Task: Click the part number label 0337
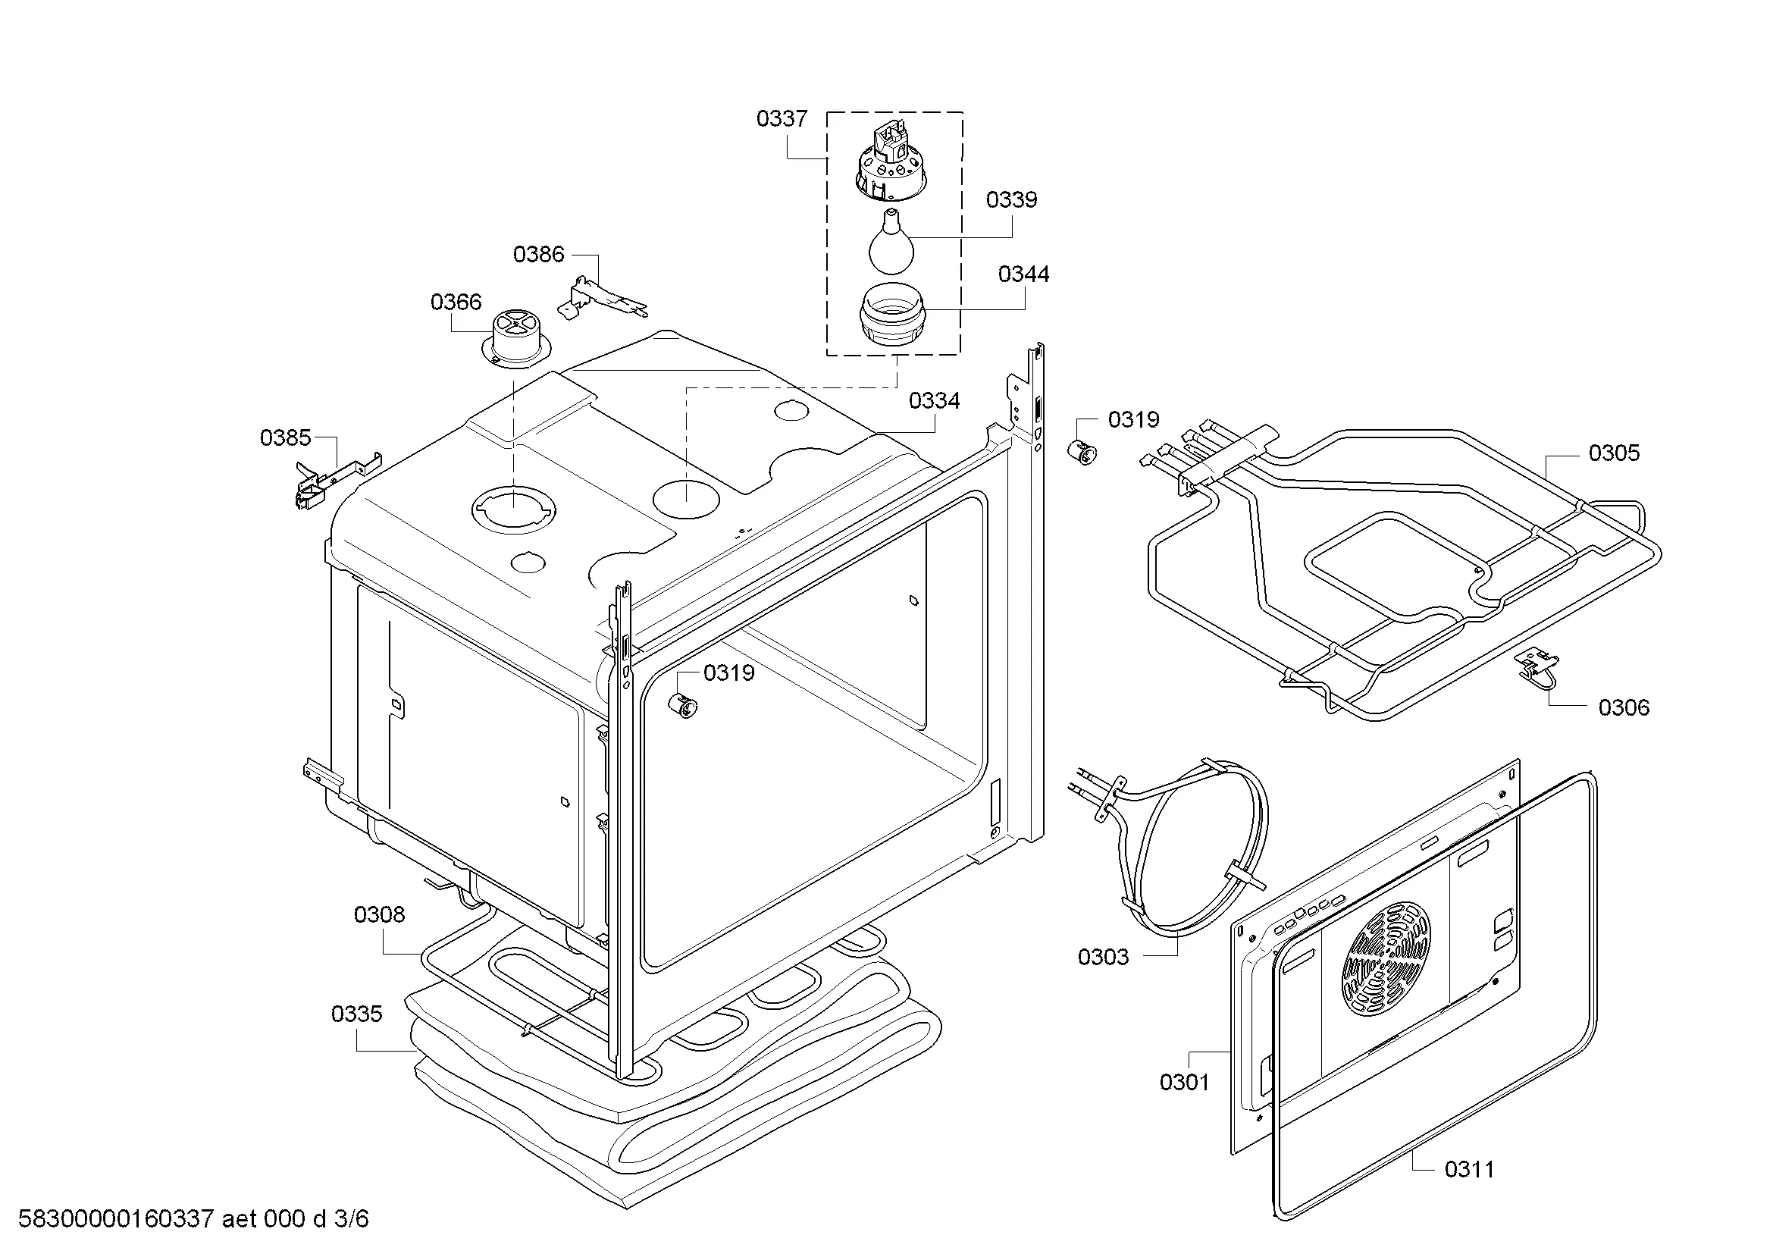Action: [782, 119]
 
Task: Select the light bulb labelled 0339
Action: [891, 241]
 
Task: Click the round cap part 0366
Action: [516, 337]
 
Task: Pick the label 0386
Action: [539, 254]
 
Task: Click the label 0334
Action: [935, 401]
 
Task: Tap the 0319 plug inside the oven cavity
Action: [682, 706]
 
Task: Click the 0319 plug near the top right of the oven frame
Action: [1083, 453]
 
